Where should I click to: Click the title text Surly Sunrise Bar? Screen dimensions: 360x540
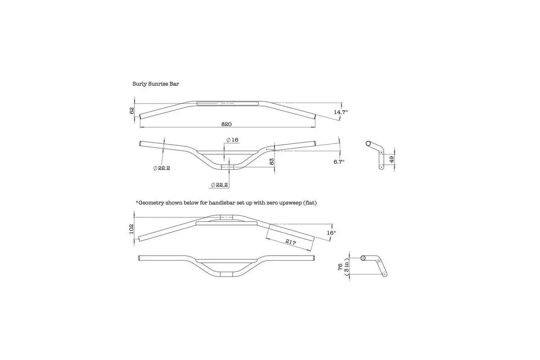coord(156,84)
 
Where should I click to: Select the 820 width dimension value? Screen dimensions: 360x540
coord(227,124)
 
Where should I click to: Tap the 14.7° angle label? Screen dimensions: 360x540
coord(341,112)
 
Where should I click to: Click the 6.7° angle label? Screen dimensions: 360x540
coord(338,161)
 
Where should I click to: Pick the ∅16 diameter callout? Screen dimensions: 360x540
coord(232,140)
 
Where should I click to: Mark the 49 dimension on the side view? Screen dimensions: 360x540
coord(392,159)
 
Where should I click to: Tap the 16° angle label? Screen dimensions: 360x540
coord(332,233)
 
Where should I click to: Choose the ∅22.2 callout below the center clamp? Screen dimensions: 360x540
coord(220,184)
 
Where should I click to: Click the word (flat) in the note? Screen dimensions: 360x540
coord(309,203)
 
